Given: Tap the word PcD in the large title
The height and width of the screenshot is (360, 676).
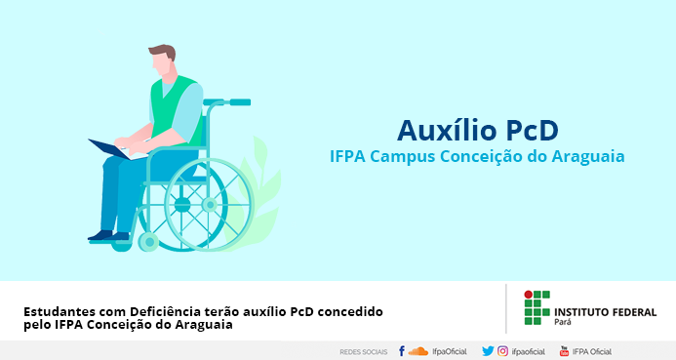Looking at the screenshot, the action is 532,130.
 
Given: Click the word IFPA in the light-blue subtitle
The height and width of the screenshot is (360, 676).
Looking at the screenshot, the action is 347,156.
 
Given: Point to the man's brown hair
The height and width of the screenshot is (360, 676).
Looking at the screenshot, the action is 163,52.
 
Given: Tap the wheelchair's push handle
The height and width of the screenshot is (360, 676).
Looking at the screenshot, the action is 240,102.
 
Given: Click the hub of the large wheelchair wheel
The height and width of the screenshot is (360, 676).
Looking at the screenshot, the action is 210,204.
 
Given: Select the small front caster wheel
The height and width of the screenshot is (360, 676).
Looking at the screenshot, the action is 148,242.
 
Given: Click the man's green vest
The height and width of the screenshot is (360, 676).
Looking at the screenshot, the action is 175,108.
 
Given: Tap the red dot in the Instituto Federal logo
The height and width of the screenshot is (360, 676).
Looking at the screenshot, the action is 528,295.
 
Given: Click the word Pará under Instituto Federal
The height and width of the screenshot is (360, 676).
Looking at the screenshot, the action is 563,322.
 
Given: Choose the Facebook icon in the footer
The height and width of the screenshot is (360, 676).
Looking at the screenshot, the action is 401,351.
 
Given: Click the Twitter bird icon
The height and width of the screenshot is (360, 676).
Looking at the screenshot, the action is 488,351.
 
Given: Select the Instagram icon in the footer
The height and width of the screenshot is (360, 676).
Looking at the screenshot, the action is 502,351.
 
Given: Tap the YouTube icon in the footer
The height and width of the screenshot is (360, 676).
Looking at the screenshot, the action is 564,351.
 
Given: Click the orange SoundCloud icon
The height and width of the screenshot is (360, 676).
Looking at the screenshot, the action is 418,351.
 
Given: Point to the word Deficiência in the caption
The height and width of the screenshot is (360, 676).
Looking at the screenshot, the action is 166,311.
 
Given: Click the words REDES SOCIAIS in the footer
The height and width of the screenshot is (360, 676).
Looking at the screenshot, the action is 364,352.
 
